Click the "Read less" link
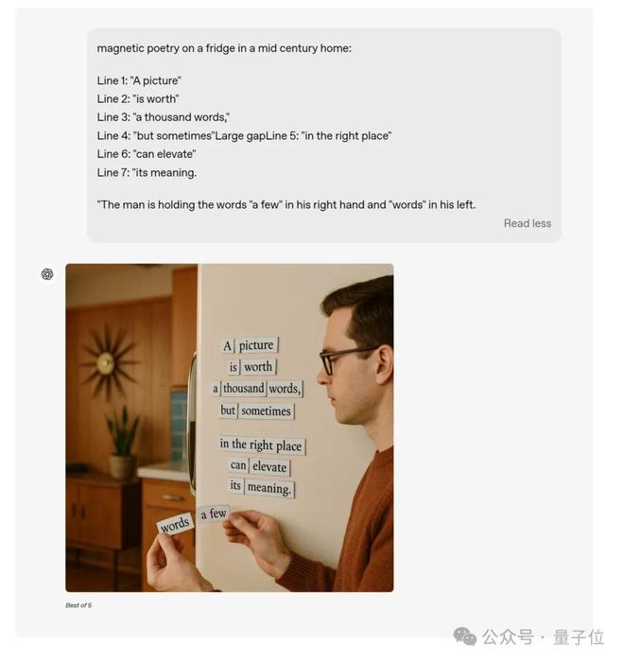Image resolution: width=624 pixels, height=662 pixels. click(528, 223)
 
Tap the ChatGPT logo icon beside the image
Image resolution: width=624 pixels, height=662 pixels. click(47, 274)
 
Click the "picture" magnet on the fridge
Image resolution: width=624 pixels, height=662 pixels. click(256, 345)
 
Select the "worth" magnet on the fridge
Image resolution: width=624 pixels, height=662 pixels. click(258, 367)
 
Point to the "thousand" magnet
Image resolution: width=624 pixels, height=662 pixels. click(243, 388)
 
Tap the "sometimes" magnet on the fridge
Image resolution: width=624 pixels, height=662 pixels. click(266, 410)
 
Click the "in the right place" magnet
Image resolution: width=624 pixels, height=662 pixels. click(261, 445)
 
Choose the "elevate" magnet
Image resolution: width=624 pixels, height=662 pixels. click(269, 467)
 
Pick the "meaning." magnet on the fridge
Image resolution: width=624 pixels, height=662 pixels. click(269, 489)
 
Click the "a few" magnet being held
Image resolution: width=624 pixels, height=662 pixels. click(214, 514)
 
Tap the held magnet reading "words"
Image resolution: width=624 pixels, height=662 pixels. click(175, 525)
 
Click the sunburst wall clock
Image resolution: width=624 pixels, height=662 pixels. click(107, 362)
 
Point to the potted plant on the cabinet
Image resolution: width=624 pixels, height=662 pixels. click(122, 444)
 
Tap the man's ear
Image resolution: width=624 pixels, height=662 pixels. click(384, 364)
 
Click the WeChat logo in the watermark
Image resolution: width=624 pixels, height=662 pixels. click(464, 636)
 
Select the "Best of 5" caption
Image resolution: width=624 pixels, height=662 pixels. click(78, 605)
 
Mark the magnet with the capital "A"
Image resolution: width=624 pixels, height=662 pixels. click(228, 346)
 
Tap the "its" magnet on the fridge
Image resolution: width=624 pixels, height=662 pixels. click(235, 485)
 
